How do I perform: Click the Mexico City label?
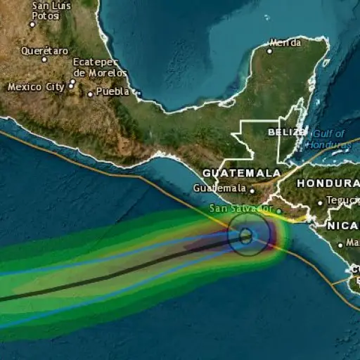point(35,87)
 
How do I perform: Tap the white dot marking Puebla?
point(90,93)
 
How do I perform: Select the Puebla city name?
point(112,91)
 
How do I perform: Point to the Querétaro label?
point(45,51)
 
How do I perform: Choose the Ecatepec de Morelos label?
point(100,67)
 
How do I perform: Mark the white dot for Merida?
point(269,51)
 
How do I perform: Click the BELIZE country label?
point(286,131)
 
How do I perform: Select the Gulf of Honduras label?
point(328,139)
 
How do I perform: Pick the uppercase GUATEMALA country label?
point(241,172)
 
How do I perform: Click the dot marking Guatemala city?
point(252,189)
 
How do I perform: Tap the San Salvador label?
point(240,209)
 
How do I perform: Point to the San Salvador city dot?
point(278,210)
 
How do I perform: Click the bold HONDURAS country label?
point(328,183)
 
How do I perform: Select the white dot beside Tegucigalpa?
point(320,202)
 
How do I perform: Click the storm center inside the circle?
point(245,237)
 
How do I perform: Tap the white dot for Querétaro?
point(44,59)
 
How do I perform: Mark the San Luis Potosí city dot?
point(32,24)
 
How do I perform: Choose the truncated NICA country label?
point(342,226)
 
